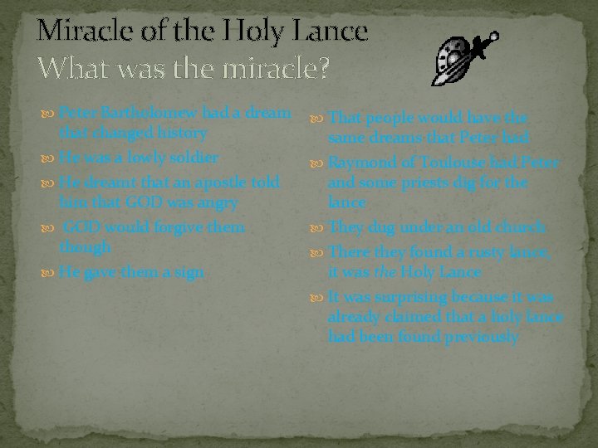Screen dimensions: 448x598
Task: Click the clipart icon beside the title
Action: [464, 58]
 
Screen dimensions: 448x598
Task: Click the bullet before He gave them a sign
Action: [50, 273]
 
